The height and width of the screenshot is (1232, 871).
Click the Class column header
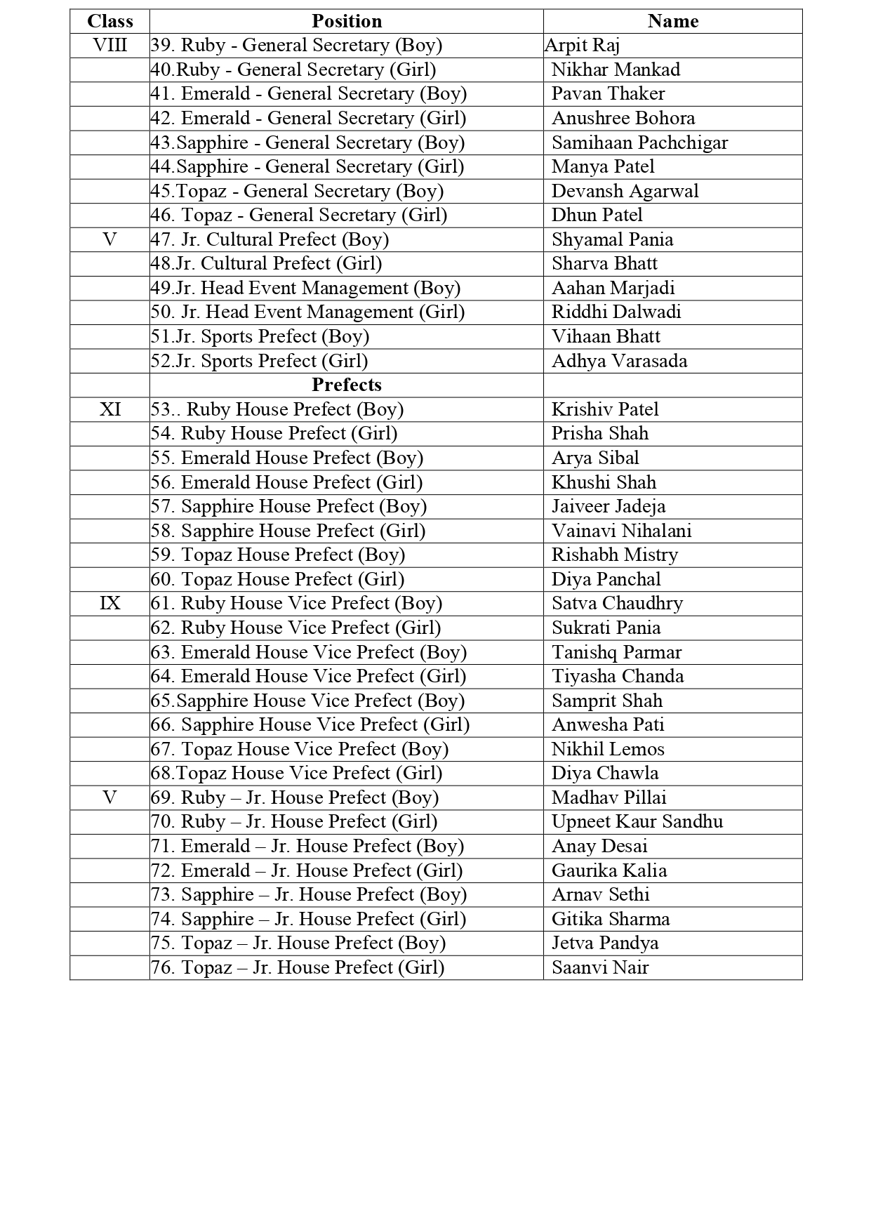point(109,21)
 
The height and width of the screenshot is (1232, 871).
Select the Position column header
point(347,21)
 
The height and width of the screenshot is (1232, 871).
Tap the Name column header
point(672,21)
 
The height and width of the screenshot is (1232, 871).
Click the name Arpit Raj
point(582,46)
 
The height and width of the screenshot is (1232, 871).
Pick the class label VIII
point(109,46)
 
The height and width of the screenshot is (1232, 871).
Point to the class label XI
point(109,409)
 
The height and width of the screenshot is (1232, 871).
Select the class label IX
point(109,603)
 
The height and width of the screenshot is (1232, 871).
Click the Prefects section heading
point(347,385)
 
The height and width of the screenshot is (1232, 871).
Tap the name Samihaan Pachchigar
point(639,143)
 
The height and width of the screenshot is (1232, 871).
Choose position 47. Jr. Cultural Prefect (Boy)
point(270,239)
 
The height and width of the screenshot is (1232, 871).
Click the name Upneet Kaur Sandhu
point(637,821)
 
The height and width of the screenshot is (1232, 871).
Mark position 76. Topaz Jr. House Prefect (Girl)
point(298,967)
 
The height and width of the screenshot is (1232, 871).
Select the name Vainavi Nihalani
point(621,531)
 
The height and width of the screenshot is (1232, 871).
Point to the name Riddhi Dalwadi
point(616,312)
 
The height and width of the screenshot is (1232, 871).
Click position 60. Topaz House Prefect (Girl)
point(277,579)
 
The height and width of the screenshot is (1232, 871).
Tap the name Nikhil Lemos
point(607,749)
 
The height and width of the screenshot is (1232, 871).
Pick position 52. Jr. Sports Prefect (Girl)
point(259,361)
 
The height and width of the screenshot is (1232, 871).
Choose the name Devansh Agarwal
point(625,191)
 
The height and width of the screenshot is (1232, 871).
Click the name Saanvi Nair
point(599,967)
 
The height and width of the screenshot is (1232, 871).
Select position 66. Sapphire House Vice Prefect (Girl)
point(310,724)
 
